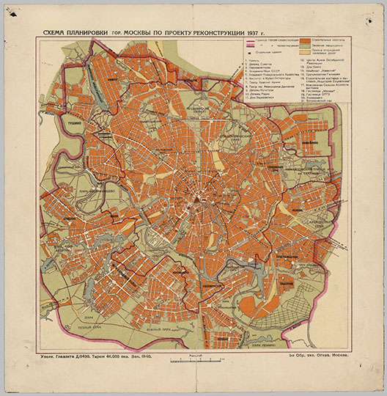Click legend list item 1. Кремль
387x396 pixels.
pos(254,61)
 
